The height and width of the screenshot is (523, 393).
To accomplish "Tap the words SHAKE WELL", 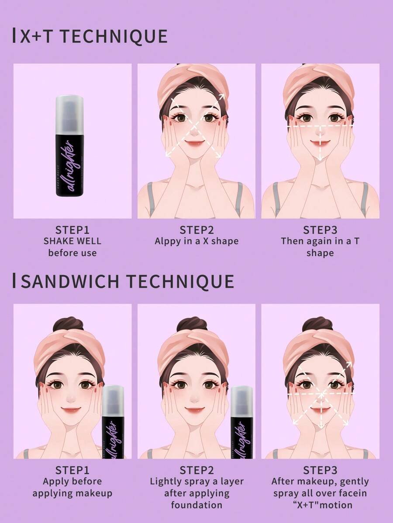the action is click(x=72, y=241).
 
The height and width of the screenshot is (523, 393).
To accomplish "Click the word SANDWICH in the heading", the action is click(x=71, y=281).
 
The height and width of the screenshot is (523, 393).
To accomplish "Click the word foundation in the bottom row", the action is click(x=196, y=505).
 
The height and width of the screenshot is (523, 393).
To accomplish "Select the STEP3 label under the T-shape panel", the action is click(x=320, y=230).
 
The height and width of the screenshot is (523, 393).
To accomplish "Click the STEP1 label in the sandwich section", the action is click(x=72, y=470).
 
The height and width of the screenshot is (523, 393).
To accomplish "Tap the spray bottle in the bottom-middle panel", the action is click(x=241, y=422).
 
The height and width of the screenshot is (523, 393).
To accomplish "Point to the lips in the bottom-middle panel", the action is click(x=195, y=409).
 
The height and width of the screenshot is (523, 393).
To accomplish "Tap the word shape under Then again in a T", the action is click(x=320, y=253).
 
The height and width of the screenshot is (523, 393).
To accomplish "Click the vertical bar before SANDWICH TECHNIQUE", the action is click(x=14, y=281).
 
